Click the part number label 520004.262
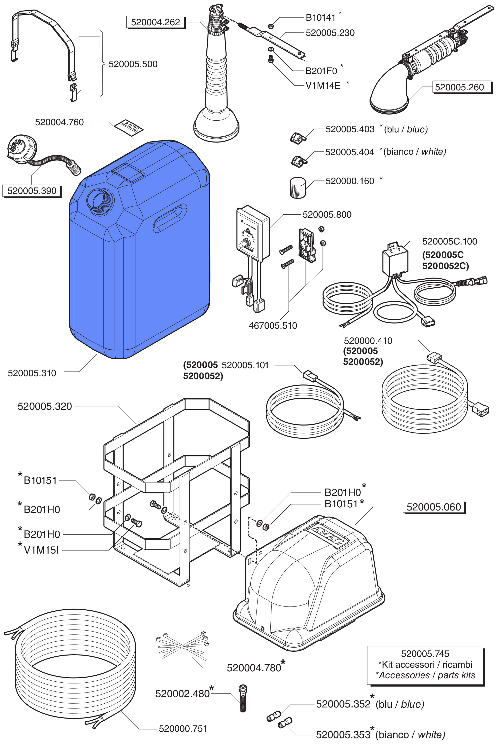coord(155,22)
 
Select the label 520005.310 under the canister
coord(32,373)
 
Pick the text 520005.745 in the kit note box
coord(425,653)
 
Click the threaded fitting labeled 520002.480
coord(243,698)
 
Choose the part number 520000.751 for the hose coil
coord(183,729)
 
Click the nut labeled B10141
coord(271,26)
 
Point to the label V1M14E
coord(323,86)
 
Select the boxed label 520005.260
coord(459,87)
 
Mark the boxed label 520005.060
coord(433,507)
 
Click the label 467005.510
coord(273,325)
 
